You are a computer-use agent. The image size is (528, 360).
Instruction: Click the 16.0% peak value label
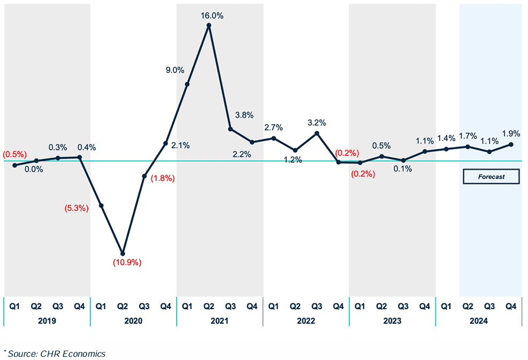point(212,16)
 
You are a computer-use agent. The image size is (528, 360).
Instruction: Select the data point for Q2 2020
point(123,254)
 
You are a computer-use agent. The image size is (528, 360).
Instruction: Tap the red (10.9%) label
point(127,263)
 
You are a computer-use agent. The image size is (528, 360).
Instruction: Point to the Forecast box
point(491,177)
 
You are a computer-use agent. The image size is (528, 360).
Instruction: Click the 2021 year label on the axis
point(219,321)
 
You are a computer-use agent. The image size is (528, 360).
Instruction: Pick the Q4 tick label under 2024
point(511,307)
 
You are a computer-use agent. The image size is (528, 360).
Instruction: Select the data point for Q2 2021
point(209,25)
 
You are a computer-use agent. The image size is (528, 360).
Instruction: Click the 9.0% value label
point(175,70)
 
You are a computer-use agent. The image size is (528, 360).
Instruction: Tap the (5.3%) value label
point(76,208)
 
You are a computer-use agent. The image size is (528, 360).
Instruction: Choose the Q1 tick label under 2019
point(14,307)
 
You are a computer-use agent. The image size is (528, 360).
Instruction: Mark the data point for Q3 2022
point(317,133)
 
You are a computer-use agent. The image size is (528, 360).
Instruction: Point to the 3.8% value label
point(244,115)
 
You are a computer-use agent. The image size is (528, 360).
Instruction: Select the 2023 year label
point(392,321)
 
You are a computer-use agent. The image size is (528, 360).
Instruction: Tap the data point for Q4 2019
point(80,157)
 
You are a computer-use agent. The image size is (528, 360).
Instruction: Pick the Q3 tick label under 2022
point(317,307)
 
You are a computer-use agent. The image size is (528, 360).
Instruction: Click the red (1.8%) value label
point(163,179)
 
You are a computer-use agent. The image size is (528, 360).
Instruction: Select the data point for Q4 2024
point(511,144)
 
